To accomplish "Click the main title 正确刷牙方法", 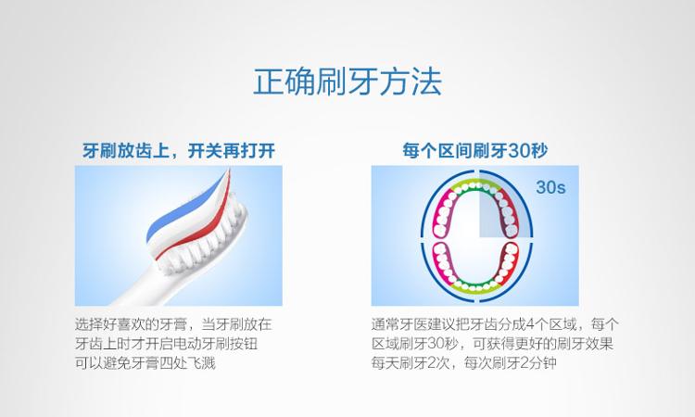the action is point(347,82).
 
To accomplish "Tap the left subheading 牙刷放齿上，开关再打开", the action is point(179,151).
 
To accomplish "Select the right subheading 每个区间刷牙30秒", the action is point(475,151).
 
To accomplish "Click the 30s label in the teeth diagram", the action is point(550,187).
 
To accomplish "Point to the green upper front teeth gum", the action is point(475,185).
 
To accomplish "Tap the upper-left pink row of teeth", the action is point(444,213).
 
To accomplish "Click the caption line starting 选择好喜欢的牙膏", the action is point(173,324).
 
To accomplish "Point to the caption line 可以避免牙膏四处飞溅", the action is point(145,363).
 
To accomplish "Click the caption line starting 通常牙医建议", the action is point(495,324).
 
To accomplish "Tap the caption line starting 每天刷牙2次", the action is point(464,363).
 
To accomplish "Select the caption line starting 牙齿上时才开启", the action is point(166,344).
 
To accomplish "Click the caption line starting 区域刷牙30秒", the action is point(492,344).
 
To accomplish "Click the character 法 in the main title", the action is point(427,82).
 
